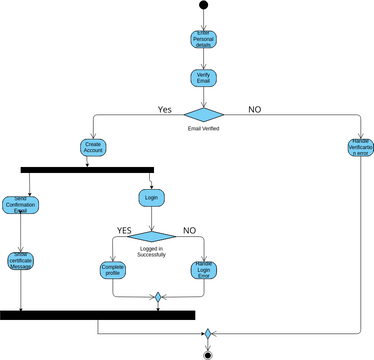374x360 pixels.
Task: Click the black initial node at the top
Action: [204, 5]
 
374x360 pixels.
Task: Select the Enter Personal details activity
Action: [204, 40]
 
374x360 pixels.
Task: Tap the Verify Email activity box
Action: [204, 77]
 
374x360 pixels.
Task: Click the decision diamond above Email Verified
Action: [204, 112]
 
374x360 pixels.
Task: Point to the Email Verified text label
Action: [204, 129]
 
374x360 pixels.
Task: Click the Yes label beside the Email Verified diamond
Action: [166, 108]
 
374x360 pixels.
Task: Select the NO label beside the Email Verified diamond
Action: [255, 108]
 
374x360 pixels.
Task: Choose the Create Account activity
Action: [93, 147]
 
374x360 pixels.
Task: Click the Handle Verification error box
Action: [359, 148]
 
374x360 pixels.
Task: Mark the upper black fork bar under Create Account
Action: [87, 170]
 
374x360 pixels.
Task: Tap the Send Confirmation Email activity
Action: [20, 206]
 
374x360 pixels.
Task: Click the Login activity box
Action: [152, 198]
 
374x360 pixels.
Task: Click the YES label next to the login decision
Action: [124, 230]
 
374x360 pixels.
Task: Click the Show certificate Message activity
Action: [20, 260]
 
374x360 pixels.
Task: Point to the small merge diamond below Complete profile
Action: [157, 297]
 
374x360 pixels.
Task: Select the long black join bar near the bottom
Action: [97, 315]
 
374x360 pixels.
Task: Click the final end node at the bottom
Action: [207, 353]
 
